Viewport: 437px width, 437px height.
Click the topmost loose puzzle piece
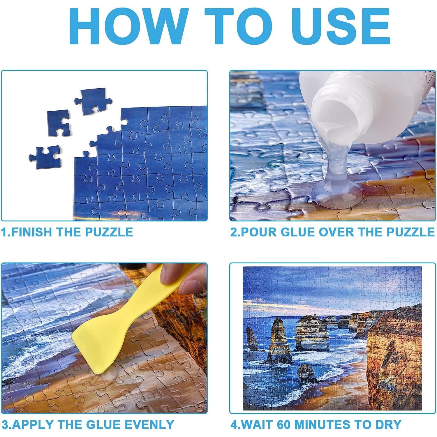93,101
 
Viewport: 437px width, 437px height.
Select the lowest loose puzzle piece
45,157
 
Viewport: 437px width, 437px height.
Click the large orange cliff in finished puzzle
393,355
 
